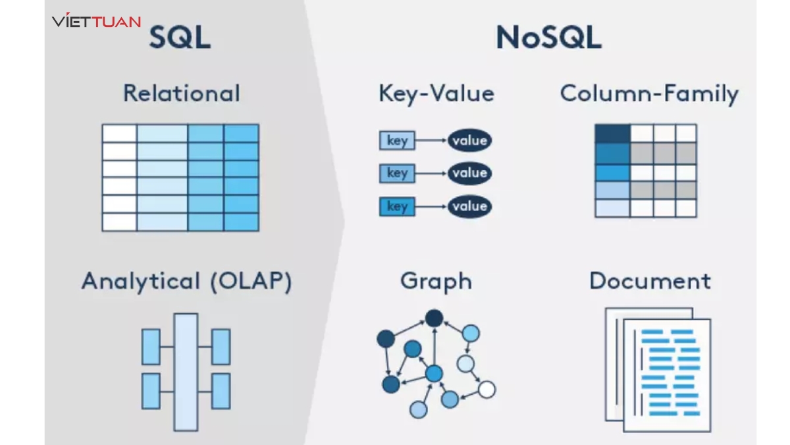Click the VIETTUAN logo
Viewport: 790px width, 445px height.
coord(96,21)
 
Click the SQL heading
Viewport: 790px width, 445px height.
coord(180,38)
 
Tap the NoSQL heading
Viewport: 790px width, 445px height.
coord(548,38)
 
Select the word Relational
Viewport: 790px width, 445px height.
coord(182,93)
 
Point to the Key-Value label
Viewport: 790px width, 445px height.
coord(436,93)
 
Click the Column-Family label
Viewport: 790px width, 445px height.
coord(649,93)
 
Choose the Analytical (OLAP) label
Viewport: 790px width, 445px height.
coord(186,282)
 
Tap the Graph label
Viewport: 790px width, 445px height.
coord(436,282)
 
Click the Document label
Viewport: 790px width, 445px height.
coord(650,282)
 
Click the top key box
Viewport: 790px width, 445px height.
coord(397,140)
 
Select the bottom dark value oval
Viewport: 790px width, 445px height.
coord(469,207)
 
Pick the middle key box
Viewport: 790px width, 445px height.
coord(397,173)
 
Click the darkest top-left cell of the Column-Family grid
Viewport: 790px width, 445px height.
coord(612,134)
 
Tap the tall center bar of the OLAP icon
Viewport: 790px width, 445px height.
coord(186,372)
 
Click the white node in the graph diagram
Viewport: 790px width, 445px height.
coord(487,390)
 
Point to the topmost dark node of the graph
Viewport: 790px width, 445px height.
coord(433,318)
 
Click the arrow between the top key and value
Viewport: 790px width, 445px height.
coord(431,140)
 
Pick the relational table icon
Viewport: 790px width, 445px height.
coord(180,177)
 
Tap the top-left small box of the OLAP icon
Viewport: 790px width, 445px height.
coord(151,347)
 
